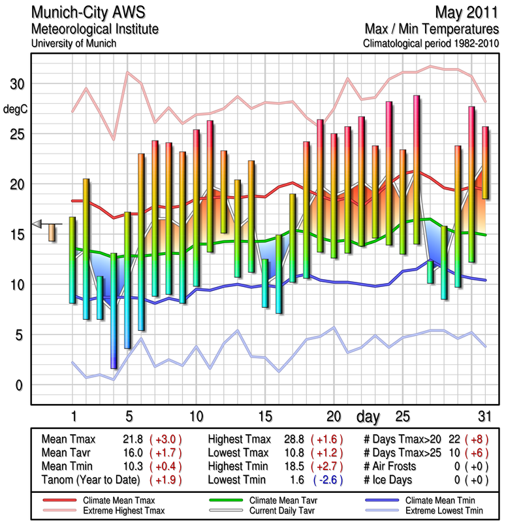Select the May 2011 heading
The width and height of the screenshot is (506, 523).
465,14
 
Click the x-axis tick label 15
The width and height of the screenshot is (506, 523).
264,416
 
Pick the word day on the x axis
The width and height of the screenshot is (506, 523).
370,416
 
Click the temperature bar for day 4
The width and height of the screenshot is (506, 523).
114,311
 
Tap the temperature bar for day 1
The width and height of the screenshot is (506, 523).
72,260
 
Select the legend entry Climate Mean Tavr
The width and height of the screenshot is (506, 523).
280,500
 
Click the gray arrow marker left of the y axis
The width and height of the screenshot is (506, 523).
38,224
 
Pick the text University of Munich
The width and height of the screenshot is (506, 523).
73,43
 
